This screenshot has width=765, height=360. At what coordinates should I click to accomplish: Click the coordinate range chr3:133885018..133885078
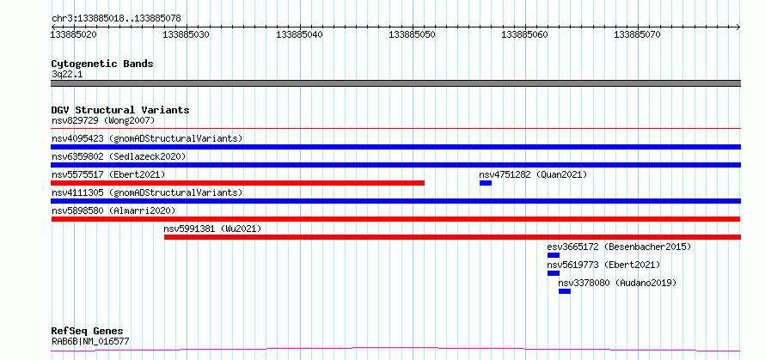tap(116, 19)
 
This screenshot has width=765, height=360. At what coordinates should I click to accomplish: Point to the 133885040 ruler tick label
tap(300, 34)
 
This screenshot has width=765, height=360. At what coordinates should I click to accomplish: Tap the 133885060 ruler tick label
tap(524, 34)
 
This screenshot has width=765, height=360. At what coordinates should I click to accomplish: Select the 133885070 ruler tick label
tap(637, 34)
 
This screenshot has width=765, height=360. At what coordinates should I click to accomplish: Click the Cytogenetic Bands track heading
tap(102, 64)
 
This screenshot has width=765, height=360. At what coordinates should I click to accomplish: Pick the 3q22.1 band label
tap(67, 75)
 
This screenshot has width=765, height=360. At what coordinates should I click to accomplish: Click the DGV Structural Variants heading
tap(120, 110)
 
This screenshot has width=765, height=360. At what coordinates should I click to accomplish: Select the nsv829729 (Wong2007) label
tap(103, 120)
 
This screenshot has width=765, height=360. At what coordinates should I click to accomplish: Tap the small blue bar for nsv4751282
tap(486, 183)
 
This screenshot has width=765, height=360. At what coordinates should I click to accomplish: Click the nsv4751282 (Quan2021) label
tap(533, 174)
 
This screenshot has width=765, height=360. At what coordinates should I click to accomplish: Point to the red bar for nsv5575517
tap(237, 183)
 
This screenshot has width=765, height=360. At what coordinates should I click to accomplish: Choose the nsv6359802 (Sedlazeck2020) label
tap(119, 156)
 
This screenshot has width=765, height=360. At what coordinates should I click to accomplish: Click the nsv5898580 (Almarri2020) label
tap(113, 211)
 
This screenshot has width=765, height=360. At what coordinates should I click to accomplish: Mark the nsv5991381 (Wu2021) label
tap(212, 229)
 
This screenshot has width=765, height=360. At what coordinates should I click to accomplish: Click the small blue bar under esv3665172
tap(554, 255)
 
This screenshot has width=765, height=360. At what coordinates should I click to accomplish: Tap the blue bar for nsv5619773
tap(554, 273)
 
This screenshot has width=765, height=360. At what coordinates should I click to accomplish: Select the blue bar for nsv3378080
tap(565, 291)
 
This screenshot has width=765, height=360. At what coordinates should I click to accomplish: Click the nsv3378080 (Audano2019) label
tap(618, 283)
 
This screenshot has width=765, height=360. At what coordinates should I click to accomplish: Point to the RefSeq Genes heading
tap(88, 332)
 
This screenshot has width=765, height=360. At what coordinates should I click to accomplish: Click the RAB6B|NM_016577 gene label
tap(90, 342)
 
